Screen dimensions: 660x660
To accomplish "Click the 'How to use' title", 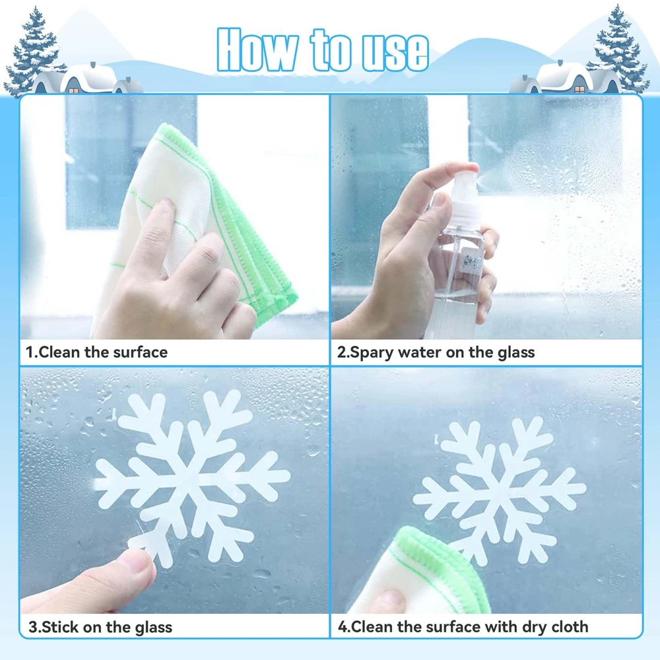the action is coord(323,50).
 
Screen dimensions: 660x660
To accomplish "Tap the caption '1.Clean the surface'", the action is coord(97,352).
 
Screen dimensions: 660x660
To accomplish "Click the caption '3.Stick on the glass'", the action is coord(100,627).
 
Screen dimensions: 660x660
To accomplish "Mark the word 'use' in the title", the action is coord(395,52).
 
